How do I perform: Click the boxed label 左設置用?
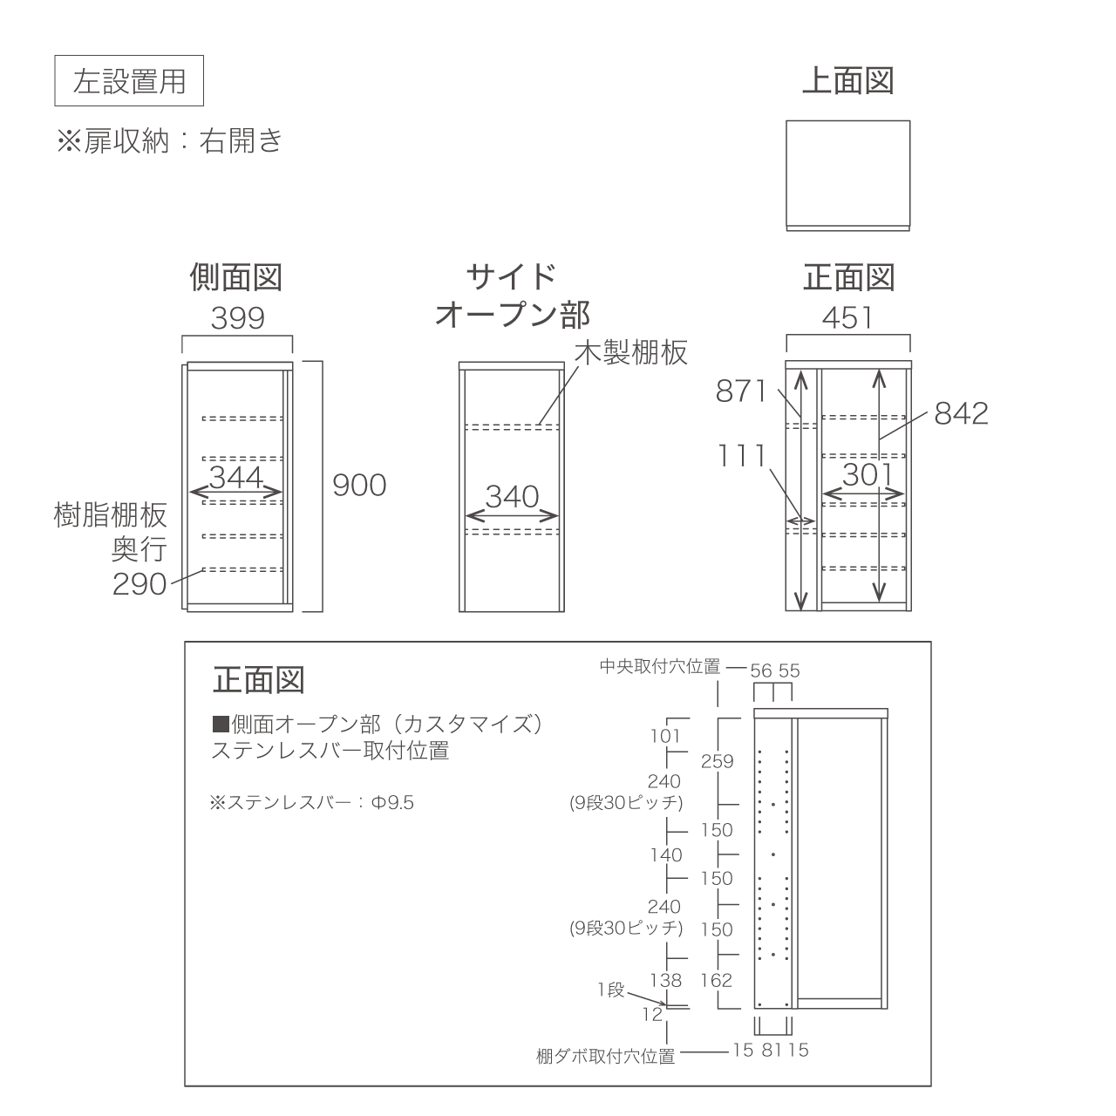click(128, 80)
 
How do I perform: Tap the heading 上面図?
click(847, 80)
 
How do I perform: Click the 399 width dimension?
click(237, 318)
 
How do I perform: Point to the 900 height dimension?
click(359, 486)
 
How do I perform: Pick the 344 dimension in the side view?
click(236, 477)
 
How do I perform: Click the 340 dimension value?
click(512, 497)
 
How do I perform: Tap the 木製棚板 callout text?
click(631, 352)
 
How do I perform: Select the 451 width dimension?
click(847, 318)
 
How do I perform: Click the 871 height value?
click(741, 391)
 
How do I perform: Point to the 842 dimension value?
click(961, 413)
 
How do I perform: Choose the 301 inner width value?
click(868, 475)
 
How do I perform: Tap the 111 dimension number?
click(742, 456)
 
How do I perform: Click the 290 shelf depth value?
click(139, 584)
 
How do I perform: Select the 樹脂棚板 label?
click(111, 515)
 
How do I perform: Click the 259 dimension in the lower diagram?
click(717, 761)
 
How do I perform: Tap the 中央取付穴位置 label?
click(660, 667)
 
